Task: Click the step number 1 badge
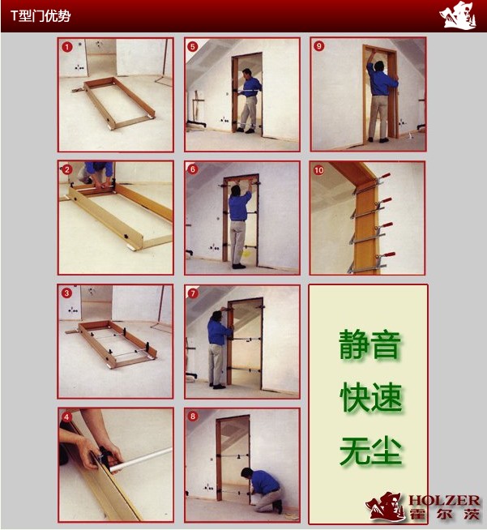coord(67,47)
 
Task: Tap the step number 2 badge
coord(67,169)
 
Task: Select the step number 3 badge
coord(66,293)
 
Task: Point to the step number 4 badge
coord(66,417)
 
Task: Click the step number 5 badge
coord(193,46)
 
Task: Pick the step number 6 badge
coord(193,169)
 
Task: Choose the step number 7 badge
coord(193,293)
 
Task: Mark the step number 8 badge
coord(193,416)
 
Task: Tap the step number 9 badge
coord(318,46)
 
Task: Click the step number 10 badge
coord(318,170)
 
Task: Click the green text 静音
coord(370,344)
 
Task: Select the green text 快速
coord(371,397)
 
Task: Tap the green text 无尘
coord(371,451)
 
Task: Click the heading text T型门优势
coord(41,16)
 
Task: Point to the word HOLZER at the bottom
coord(444,501)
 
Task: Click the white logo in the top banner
coord(458,15)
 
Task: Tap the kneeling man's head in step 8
coord(247,473)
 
